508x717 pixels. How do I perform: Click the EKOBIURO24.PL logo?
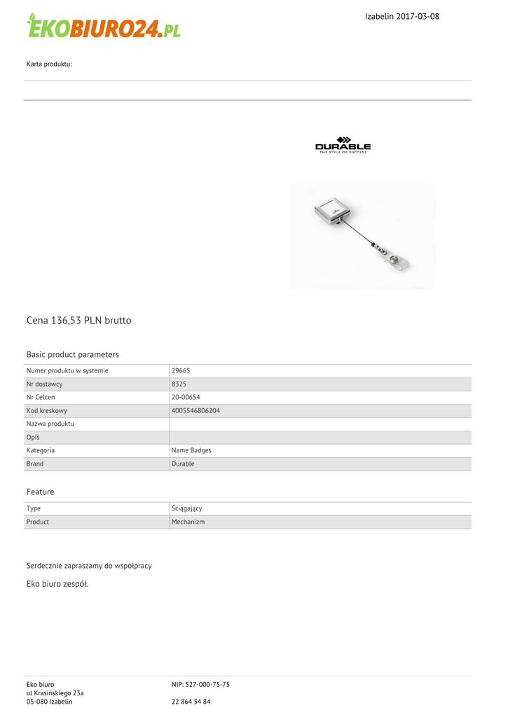pyautogui.click(x=104, y=26)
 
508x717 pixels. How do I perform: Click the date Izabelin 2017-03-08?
pyautogui.click(x=402, y=16)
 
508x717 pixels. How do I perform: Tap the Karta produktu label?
pyautogui.click(x=49, y=64)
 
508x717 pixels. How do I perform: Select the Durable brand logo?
pyautogui.click(x=343, y=145)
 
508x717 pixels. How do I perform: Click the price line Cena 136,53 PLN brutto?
pyautogui.click(x=78, y=321)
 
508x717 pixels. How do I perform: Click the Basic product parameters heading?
pyautogui.click(x=72, y=354)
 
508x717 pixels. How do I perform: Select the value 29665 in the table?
pyautogui.click(x=181, y=371)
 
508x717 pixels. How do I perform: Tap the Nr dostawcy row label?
pyautogui.click(x=44, y=384)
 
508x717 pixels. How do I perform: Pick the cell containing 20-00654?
pyautogui.click(x=186, y=398)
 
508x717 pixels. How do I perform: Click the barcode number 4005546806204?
pyautogui.click(x=195, y=411)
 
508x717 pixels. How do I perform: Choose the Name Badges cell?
pyautogui.click(x=191, y=451)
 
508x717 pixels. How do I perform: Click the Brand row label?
pyautogui.click(x=35, y=464)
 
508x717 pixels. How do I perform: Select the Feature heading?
pyautogui.click(x=40, y=492)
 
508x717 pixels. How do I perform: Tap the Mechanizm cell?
pyautogui.click(x=188, y=522)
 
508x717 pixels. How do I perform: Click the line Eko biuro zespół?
pyautogui.click(x=57, y=584)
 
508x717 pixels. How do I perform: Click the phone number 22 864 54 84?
pyautogui.click(x=191, y=702)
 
